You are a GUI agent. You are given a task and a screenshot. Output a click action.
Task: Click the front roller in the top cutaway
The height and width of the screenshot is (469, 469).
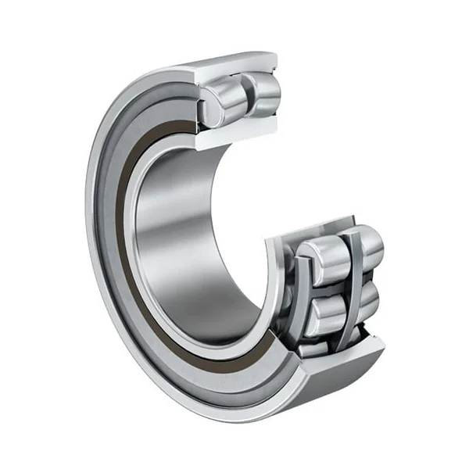[x=220, y=99]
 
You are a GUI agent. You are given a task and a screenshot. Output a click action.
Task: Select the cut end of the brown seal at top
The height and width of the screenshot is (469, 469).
[x=188, y=125]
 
